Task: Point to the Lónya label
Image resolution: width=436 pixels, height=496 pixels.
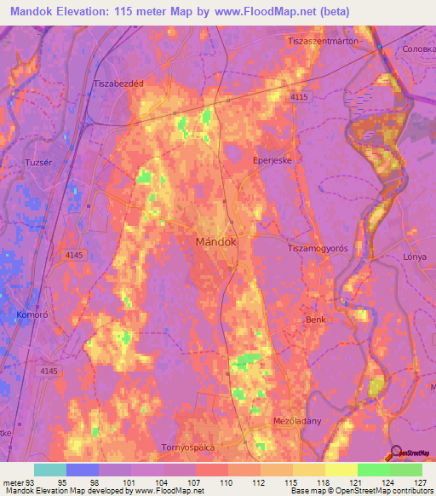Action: click(x=415, y=256)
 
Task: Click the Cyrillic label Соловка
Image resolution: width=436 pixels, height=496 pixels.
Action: click(x=416, y=49)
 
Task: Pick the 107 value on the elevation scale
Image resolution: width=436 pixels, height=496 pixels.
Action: click(x=195, y=483)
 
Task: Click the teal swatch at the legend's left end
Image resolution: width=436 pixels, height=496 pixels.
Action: click(x=50, y=470)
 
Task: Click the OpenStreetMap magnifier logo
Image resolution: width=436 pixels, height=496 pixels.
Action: click(x=395, y=453)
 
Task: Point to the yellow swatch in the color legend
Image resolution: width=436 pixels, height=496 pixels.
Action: click(x=341, y=470)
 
